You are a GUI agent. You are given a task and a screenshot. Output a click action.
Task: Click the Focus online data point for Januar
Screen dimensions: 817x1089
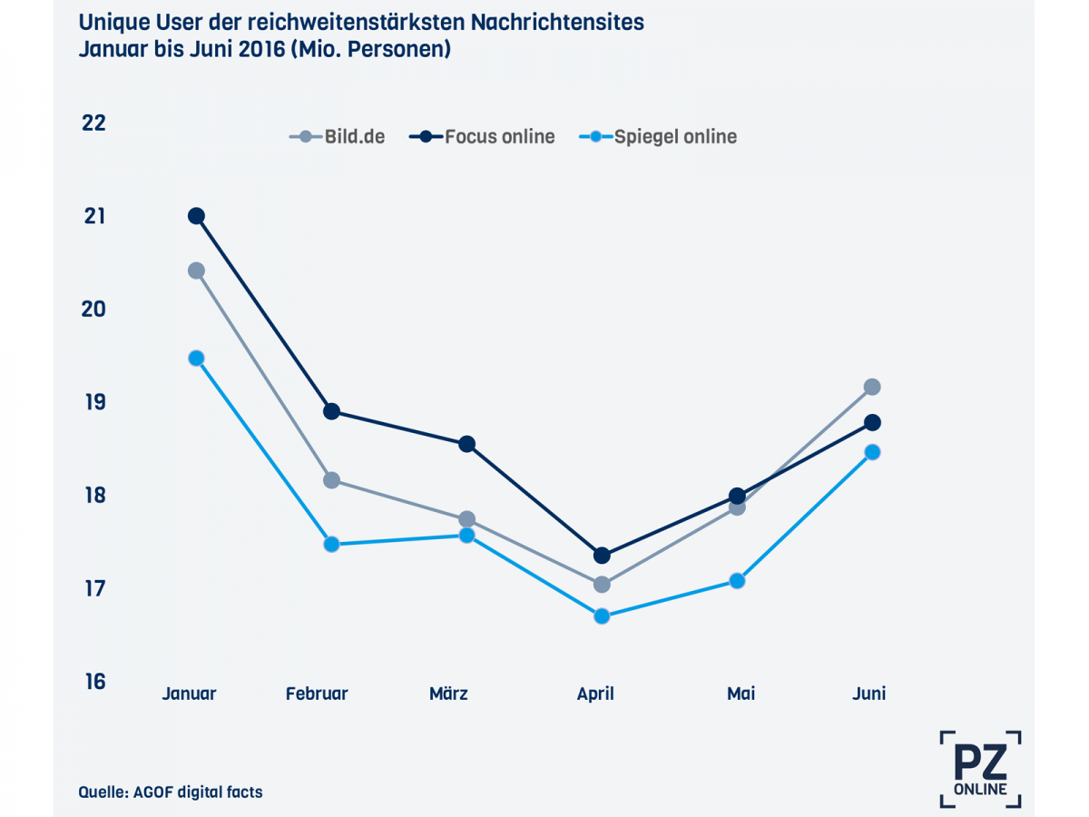tap(196, 216)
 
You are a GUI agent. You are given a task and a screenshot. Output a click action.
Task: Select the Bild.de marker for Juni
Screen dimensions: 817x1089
tap(871, 387)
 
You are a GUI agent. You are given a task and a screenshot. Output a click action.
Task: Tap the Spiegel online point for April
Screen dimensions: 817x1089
tap(602, 616)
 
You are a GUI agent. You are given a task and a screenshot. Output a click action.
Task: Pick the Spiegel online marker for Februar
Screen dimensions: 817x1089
tap(331, 545)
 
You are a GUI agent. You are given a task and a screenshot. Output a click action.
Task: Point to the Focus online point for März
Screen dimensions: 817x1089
tap(466, 444)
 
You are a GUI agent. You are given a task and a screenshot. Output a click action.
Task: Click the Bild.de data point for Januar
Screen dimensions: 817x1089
tap(196, 271)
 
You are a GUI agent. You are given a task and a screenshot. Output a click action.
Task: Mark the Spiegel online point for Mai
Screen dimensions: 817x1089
tap(737, 581)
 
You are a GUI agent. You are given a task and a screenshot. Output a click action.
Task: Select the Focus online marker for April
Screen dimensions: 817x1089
tap(602, 556)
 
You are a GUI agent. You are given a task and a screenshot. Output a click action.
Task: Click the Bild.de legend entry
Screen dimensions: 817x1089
tap(338, 137)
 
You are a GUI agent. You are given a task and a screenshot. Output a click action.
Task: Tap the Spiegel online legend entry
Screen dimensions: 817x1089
tap(658, 137)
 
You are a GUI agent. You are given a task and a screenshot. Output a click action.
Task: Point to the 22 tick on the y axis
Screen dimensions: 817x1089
tap(93, 123)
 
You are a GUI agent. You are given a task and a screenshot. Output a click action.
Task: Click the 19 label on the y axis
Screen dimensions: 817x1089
tap(93, 402)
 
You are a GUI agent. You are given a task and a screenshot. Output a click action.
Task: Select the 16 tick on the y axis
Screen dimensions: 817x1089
tap(93, 682)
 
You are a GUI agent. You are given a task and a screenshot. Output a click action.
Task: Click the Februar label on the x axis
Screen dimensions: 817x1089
tap(317, 694)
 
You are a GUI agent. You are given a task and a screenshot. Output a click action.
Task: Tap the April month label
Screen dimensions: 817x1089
tap(595, 694)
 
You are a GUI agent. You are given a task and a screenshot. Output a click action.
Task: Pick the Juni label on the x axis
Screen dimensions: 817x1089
tap(868, 694)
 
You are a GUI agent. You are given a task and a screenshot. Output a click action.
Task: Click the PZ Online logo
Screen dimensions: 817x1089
tap(980, 768)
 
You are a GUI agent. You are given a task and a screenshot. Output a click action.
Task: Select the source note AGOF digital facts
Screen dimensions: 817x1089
tap(171, 792)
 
